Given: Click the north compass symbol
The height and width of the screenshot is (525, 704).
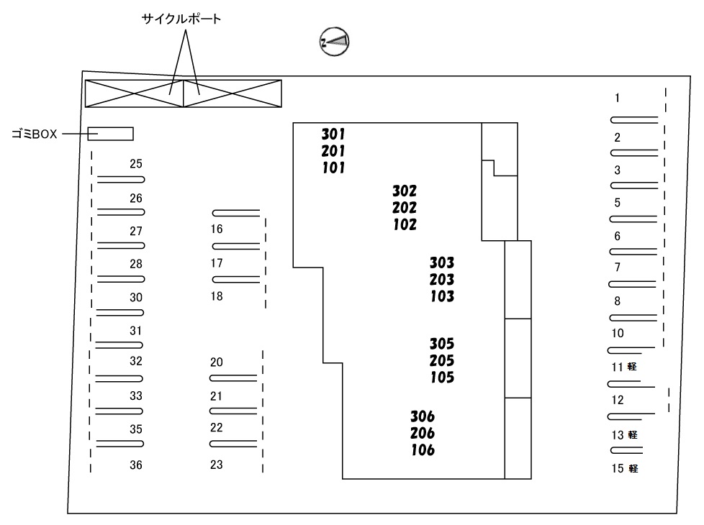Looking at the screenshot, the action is pyautogui.click(x=334, y=42).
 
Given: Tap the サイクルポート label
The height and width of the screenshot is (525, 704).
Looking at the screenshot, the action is pyautogui.click(x=181, y=19).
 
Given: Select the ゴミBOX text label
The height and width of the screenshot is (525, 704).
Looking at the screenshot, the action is pyautogui.click(x=35, y=134).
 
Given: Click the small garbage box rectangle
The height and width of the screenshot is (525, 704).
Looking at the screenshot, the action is pyautogui.click(x=110, y=134).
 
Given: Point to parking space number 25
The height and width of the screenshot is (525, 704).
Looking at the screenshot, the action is pyautogui.click(x=136, y=164).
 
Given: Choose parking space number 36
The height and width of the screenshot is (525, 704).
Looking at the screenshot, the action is pyautogui.click(x=136, y=465).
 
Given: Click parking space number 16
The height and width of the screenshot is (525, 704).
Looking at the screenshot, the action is pyautogui.click(x=217, y=229).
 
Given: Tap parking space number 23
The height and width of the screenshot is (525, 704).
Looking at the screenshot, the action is pyautogui.click(x=217, y=465).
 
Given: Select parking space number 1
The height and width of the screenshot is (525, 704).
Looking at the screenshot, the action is pyautogui.click(x=618, y=98).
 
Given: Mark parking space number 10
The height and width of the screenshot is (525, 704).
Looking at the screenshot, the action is pyautogui.click(x=618, y=334).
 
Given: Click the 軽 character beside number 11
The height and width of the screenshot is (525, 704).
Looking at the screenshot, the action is pyautogui.click(x=632, y=367).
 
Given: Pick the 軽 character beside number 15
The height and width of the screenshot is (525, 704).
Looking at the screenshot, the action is pyautogui.click(x=633, y=468).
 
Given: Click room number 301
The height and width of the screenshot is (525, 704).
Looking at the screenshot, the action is pyautogui.click(x=333, y=134).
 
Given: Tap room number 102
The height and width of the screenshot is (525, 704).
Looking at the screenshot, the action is pyautogui.click(x=405, y=224).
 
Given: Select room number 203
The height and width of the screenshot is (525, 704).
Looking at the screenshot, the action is pyautogui.click(x=442, y=280).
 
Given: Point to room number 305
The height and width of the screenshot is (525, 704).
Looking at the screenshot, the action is pyautogui.click(x=442, y=344).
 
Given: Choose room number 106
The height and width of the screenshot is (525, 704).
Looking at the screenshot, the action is pyautogui.click(x=423, y=450).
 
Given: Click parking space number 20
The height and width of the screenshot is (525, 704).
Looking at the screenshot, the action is pyautogui.click(x=217, y=362).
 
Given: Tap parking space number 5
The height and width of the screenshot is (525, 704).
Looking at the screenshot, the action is pyautogui.click(x=618, y=203).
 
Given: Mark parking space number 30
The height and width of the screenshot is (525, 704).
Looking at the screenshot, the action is pyautogui.click(x=136, y=298).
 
